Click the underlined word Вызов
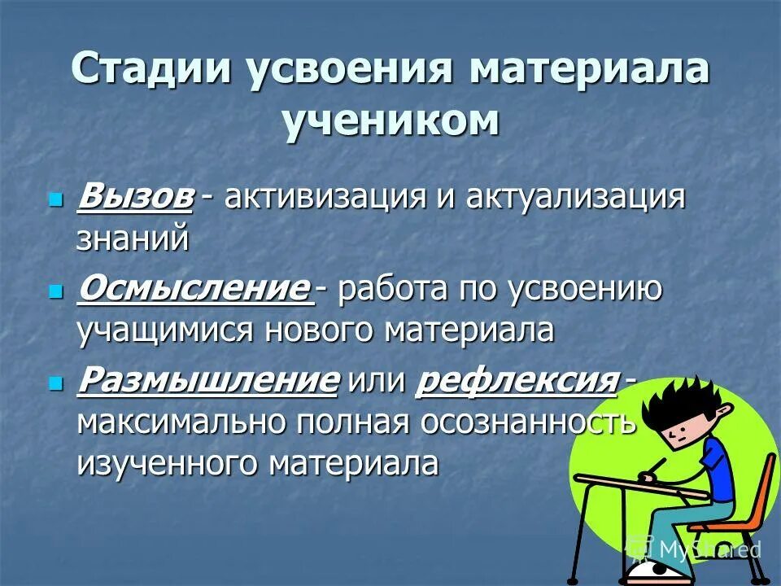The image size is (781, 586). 135,198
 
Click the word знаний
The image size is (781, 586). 133,239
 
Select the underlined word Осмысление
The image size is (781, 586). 194,291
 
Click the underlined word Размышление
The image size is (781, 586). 207,381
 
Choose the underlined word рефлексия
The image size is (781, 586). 516,381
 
